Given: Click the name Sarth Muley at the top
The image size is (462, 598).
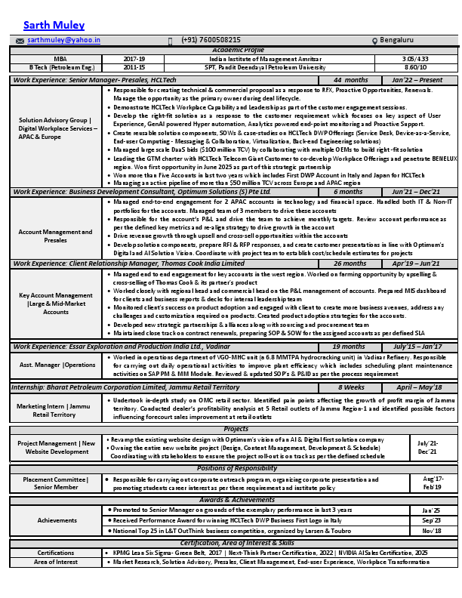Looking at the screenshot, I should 54,25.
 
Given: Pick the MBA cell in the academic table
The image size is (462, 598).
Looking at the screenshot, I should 54,58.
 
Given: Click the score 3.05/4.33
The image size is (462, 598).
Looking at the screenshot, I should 415,58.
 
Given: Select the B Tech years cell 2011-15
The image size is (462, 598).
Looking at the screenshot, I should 134,66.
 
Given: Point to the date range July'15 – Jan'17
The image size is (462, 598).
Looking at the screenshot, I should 417,347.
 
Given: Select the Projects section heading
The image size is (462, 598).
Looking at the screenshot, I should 236,428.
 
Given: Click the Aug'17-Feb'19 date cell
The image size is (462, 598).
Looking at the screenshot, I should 433,483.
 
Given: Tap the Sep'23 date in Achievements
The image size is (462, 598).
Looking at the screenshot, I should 432,520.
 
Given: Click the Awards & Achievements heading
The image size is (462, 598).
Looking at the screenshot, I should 236,500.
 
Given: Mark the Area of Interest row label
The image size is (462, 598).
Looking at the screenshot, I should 55,562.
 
